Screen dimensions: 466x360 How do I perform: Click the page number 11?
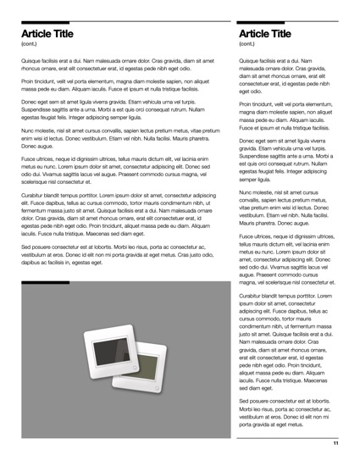(335, 443)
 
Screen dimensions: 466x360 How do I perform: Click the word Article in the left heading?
(40, 33)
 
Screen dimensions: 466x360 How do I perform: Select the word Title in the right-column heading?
(280, 33)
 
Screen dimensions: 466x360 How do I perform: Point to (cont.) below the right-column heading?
(247, 43)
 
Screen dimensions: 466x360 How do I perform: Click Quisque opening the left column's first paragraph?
(32, 62)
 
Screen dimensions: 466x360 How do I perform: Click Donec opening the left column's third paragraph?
(30, 101)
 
